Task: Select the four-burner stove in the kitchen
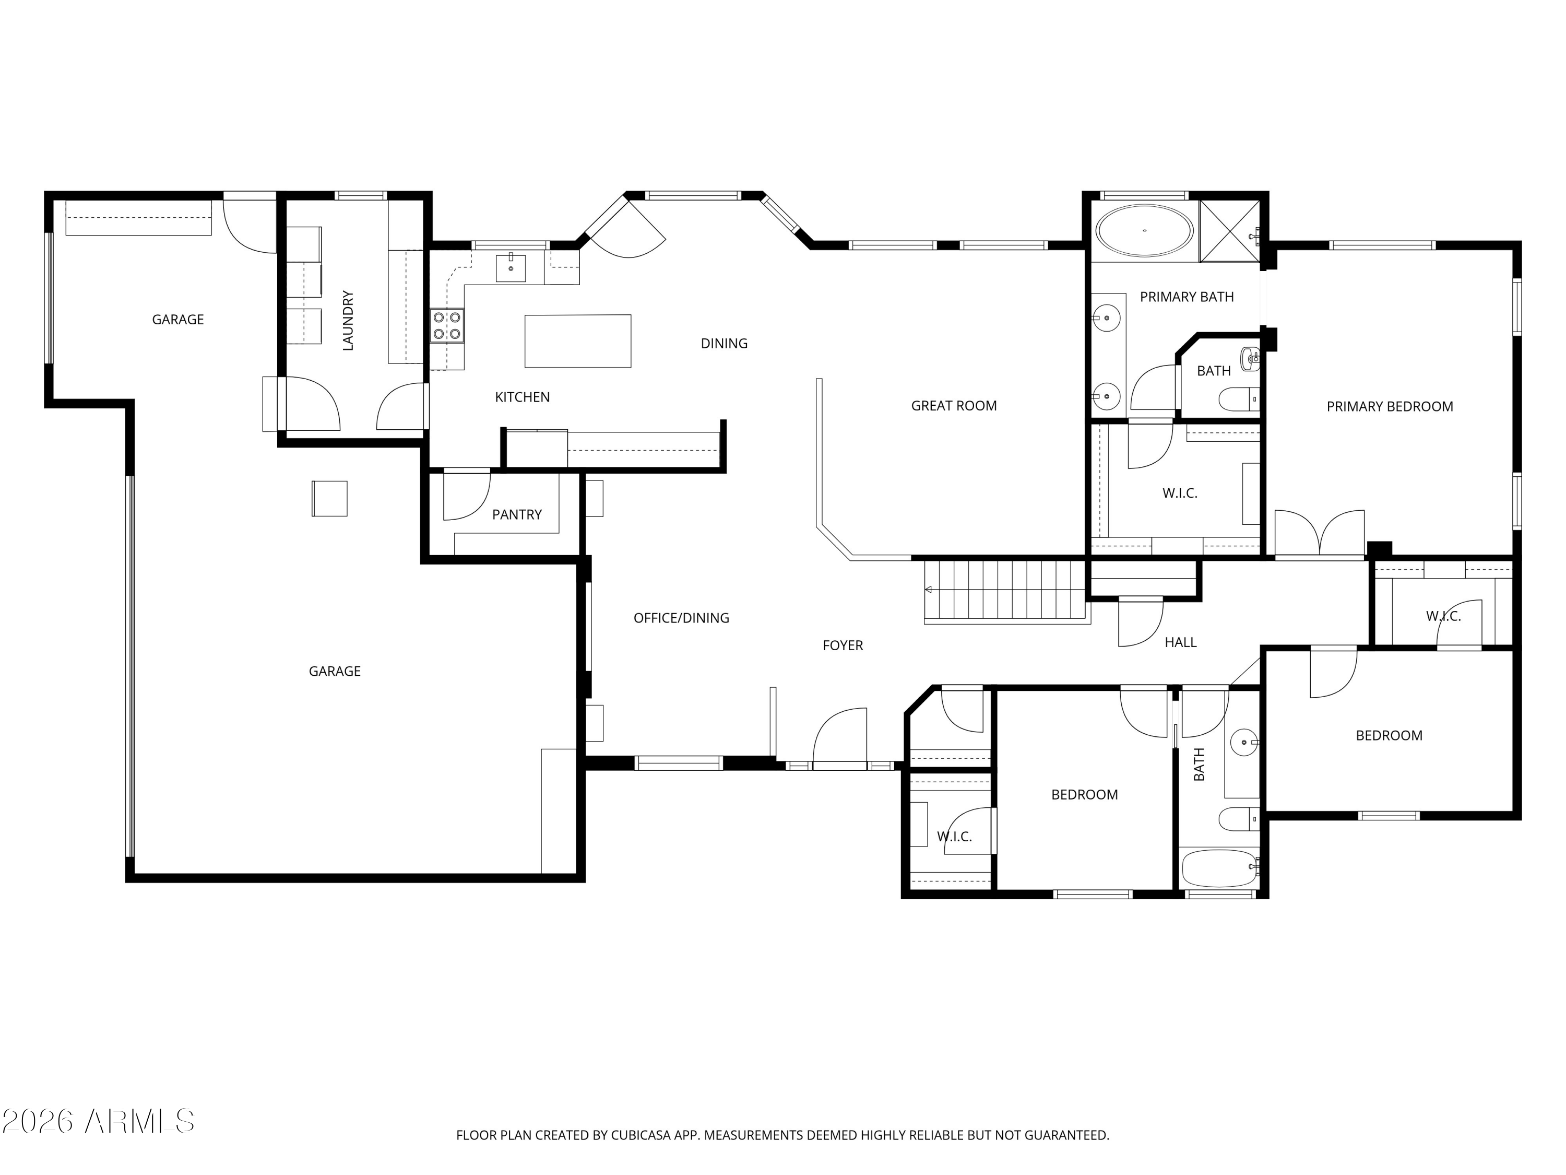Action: point(447,326)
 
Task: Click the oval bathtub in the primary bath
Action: point(1144,230)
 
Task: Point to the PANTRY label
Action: point(516,515)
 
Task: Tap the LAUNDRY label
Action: point(348,320)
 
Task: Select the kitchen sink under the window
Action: point(511,268)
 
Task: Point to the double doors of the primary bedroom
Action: point(1319,533)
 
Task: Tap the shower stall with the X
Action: point(1230,230)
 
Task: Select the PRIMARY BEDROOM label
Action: point(1389,406)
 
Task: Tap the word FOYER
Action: point(843,645)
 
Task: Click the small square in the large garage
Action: point(329,499)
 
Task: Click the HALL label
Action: point(1180,642)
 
